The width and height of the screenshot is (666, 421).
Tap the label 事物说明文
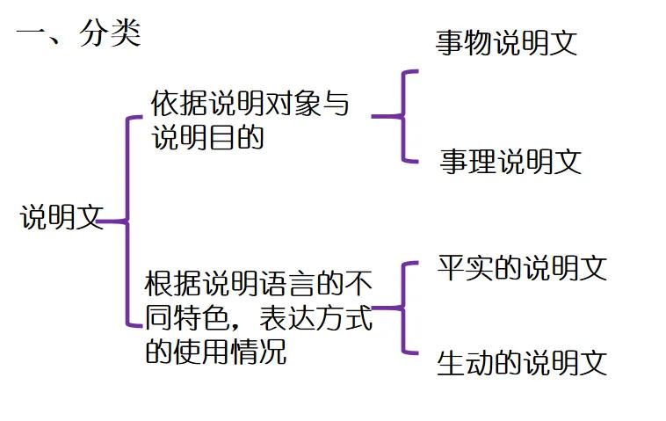point(506,43)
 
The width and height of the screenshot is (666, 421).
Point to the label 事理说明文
point(510,162)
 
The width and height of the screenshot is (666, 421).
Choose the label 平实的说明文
point(522,268)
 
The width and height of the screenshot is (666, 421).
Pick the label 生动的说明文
point(522,363)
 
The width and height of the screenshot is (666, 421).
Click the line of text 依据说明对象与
point(250,105)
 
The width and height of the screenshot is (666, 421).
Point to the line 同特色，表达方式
point(258,318)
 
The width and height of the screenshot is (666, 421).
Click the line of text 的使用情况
point(214,352)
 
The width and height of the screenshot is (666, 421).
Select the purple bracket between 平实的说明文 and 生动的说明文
point(403,308)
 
